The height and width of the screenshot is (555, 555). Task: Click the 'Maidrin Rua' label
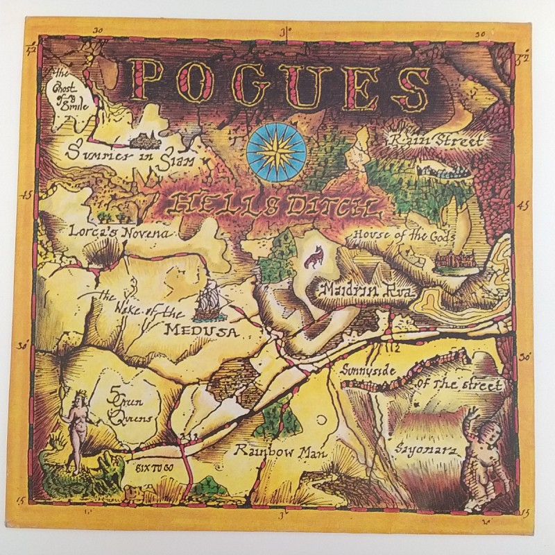tap(366, 289)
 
